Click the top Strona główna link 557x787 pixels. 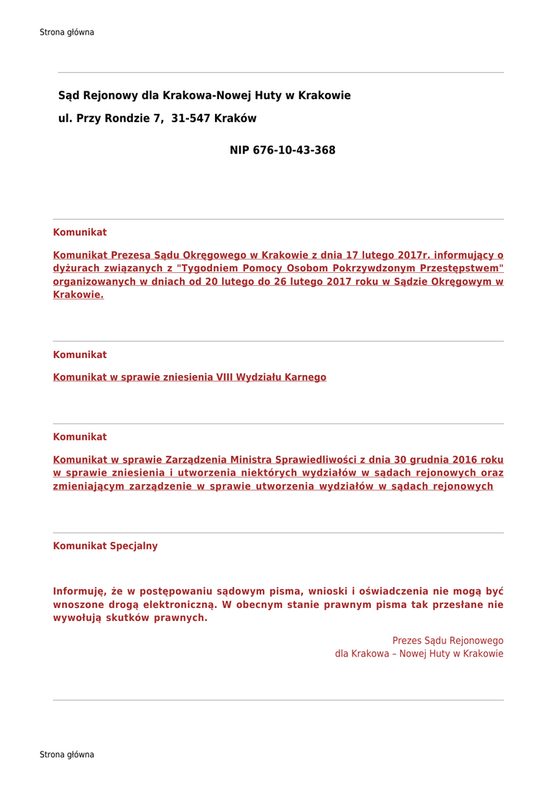click(67, 32)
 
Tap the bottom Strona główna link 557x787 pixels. click(67, 755)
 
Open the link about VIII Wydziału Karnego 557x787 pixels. click(190, 377)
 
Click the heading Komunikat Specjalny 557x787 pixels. click(105, 546)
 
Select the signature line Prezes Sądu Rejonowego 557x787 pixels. click(448, 641)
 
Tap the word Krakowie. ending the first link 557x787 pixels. click(78, 295)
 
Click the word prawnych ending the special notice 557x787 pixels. click(180, 618)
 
